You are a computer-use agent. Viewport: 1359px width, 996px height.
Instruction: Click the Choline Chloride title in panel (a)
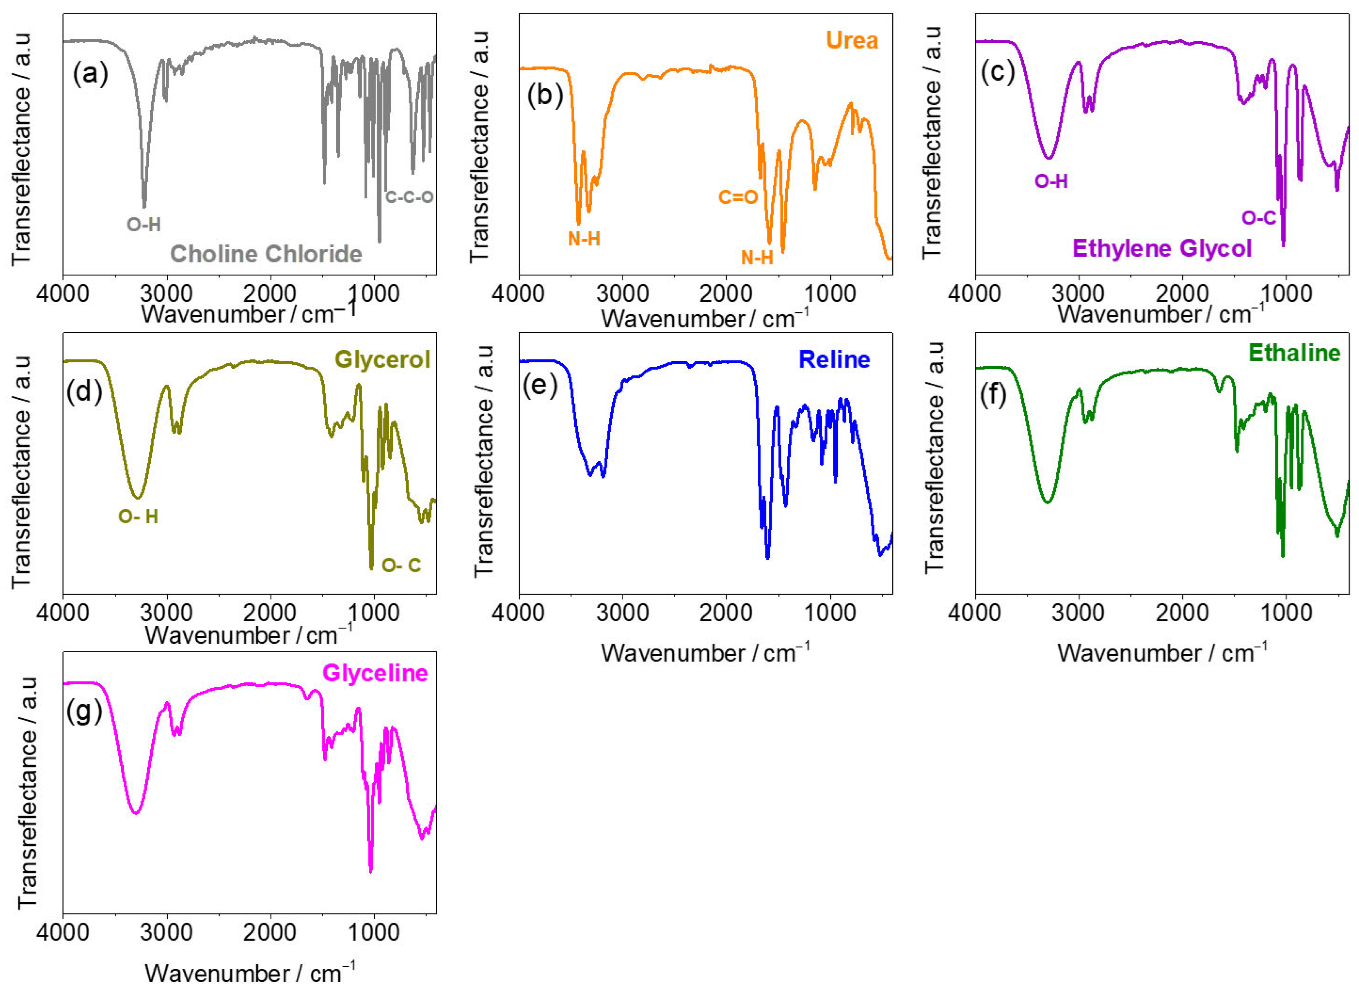(x=266, y=254)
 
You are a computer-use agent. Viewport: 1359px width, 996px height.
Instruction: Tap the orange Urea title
(x=851, y=40)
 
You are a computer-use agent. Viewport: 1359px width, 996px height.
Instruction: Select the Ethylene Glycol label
(x=1161, y=248)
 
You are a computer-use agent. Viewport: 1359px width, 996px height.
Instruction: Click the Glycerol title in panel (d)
(x=382, y=359)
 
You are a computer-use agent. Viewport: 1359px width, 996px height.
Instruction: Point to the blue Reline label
(x=834, y=359)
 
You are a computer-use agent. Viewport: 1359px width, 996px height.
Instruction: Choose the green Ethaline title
(x=1294, y=353)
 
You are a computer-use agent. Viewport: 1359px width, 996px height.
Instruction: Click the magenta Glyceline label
(x=375, y=673)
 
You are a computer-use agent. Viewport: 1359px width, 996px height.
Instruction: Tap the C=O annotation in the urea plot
(x=737, y=197)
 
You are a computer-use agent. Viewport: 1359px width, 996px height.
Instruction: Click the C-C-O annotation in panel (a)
(x=410, y=197)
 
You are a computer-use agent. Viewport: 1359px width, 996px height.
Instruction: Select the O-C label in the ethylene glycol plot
(x=1258, y=218)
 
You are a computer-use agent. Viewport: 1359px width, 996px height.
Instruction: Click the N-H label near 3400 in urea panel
(x=584, y=239)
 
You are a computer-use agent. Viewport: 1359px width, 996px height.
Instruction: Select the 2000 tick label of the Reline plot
(x=726, y=613)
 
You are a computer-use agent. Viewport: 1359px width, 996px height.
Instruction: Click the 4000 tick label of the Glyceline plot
(x=63, y=933)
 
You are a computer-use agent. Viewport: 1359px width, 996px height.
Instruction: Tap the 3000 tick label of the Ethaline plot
(x=1079, y=613)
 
